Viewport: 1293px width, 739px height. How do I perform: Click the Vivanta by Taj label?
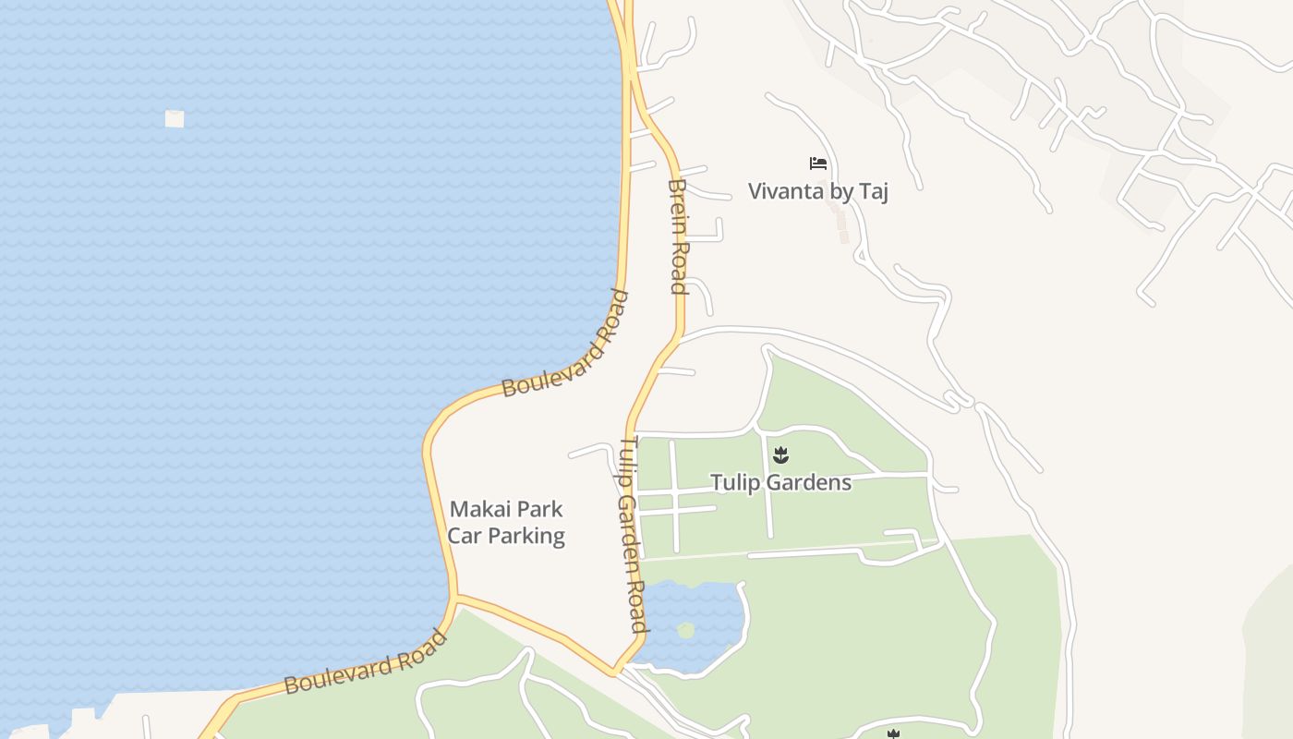click(817, 191)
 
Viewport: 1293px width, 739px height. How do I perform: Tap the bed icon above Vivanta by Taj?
click(817, 164)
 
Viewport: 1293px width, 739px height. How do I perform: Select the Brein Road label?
click(679, 236)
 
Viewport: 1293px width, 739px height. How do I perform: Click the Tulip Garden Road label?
click(630, 535)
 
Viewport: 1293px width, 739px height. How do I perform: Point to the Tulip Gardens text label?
click(780, 482)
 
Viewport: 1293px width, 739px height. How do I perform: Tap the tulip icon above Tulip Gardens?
click(780, 454)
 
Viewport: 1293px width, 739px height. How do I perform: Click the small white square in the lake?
click(175, 118)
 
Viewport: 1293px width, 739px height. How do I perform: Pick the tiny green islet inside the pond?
click(685, 630)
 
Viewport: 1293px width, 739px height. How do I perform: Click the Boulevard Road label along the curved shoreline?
click(566, 344)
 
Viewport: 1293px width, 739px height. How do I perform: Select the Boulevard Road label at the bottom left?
click(366, 662)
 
